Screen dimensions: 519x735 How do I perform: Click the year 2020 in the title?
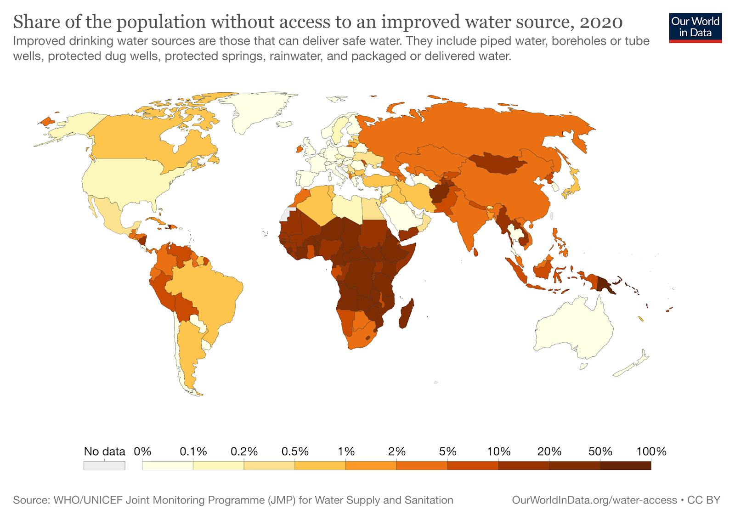coord(601,22)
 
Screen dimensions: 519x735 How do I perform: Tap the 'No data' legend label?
coord(104,451)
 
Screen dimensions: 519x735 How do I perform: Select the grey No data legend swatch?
coord(104,465)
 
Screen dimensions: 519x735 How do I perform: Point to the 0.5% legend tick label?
coord(295,451)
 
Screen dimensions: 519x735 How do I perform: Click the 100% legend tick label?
coord(651,451)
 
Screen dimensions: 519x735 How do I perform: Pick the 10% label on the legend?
coord(499,451)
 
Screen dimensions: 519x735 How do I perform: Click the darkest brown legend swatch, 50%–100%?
coord(625,465)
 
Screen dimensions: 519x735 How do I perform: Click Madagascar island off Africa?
coord(406,314)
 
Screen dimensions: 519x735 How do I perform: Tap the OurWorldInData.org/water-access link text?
coord(594,500)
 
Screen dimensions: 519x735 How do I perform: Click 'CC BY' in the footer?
coord(703,500)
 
